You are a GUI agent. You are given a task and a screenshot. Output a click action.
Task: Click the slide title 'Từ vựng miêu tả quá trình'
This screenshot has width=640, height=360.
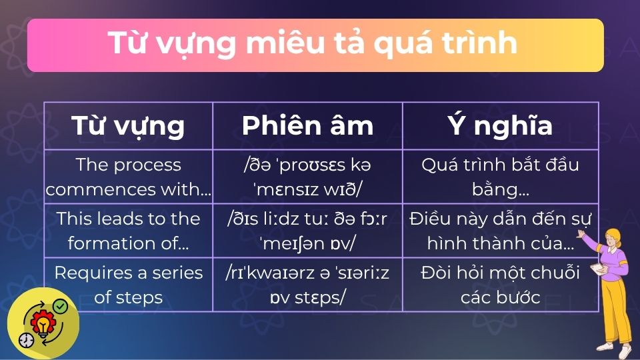coord(313,44)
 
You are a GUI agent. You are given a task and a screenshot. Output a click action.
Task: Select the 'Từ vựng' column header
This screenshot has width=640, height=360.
coord(128,125)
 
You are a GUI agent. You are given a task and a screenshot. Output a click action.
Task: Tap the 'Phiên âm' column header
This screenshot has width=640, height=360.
coord(307,125)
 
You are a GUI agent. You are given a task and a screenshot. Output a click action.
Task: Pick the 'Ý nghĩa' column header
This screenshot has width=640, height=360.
coord(500,125)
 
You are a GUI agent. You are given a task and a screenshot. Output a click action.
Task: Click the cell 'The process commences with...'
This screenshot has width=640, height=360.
coord(128,177)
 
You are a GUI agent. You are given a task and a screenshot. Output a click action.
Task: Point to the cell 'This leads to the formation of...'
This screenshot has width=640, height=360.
coord(128,231)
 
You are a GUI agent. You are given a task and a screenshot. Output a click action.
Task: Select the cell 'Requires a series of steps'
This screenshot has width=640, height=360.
coord(128,285)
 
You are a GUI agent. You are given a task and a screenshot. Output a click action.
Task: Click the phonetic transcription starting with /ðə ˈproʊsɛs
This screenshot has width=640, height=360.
coord(307,177)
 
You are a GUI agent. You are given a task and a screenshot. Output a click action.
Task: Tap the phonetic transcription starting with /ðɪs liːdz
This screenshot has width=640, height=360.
coord(307,231)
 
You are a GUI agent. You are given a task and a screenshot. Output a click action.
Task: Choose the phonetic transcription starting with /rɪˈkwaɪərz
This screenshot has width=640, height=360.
coord(307,285)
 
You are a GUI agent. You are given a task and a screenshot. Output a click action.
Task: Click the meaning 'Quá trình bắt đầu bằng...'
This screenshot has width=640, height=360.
coord(500,177)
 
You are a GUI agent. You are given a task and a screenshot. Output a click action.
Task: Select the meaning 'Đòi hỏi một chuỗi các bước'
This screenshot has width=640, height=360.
coord(500,285)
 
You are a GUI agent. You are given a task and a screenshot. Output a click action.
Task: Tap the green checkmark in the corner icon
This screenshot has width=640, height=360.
coord(60,306)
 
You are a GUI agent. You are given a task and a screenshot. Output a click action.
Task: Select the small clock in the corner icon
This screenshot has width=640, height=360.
coord(25,339)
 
